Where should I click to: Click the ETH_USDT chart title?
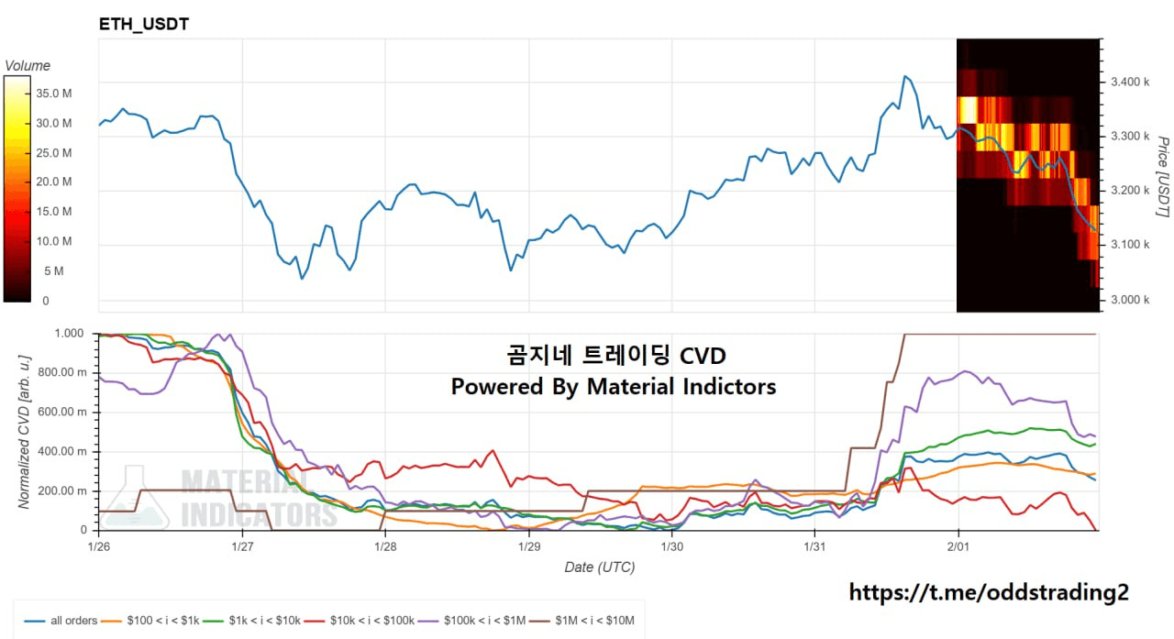pyautogui.click(x=144, y=24)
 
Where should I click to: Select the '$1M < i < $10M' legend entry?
pyautogui.click(x=596, y=621)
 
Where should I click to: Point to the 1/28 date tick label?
pyautogui.click(x=385, y=547)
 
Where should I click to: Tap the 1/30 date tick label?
pyautogui.click(x=671, y=547)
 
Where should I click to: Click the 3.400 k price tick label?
pyautogui.click(x=1129, y=83)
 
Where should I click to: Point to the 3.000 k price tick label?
pyautogui.click(x=1129, y=300)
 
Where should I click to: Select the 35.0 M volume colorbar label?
pyautogui.click(x=54, y=94)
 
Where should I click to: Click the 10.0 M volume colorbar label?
pyautogui.click(x=54, y=241)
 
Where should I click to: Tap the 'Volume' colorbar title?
pyautogui.click(x=28, y=66)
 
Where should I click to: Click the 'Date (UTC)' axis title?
pyautogui.click(x=599, y=567)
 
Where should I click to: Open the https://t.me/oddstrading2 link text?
pyautogui.click(x=989, y=592)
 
